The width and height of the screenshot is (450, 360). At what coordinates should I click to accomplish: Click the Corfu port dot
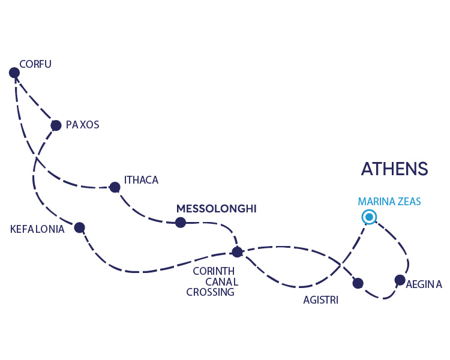click(14, 73)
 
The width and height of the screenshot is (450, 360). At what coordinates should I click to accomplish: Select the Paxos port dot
click(56, 125)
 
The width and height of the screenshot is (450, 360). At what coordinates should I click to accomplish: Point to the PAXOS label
click(82, 125)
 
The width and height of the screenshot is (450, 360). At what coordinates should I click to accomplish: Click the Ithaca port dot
click(115, 187)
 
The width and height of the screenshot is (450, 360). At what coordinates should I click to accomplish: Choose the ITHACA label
click(141, 179)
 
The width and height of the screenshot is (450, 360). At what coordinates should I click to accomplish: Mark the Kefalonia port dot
click(79, 227)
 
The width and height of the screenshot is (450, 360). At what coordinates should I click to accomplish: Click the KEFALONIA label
click(37, 229)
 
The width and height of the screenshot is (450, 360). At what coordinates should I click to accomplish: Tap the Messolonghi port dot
click(180, 223)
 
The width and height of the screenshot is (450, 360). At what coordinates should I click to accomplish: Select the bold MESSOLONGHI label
click(216, 209)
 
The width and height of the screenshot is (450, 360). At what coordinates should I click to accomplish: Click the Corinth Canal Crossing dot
click(237, 252)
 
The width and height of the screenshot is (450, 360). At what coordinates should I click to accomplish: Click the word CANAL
click(222, 282)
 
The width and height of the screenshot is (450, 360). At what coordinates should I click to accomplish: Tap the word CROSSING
click(210, 293)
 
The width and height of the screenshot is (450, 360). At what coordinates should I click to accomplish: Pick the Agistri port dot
click(358, 283)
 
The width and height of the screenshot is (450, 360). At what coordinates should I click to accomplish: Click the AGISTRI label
click(320, 300)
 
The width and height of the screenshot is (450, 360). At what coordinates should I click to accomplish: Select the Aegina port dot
click(400, 280)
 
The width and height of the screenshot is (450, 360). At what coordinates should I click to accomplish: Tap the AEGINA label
click(424, 284)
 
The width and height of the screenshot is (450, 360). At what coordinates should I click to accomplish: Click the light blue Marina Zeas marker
click(369, 217)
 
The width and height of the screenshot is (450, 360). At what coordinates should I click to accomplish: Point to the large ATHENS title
click(394, 169)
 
